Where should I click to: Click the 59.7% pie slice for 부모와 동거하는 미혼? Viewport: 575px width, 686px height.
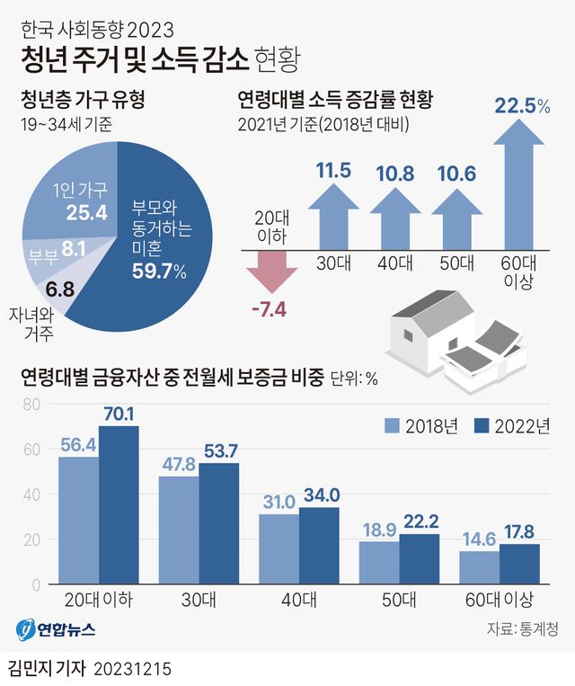162,270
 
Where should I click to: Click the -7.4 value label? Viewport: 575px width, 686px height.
268,311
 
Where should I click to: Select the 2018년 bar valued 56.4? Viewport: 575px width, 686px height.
79,521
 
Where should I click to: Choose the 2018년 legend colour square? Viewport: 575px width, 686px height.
392,426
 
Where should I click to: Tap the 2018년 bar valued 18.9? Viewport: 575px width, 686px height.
379,563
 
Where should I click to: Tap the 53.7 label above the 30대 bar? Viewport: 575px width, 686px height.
219,450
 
